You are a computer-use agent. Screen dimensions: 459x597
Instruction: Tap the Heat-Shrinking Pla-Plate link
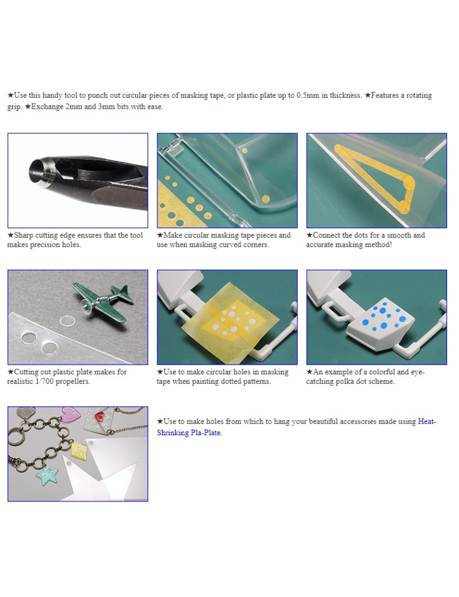click(x=296, y=427)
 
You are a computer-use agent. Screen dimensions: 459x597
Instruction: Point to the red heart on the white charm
click(x=101, y=416)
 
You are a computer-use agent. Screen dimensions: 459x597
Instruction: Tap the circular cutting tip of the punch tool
click(x=38, y=172)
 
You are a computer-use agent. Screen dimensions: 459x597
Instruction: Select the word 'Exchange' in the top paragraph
click(x=48, y=107)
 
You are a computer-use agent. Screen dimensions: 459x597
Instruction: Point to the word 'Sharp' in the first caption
click(x=24, y=235)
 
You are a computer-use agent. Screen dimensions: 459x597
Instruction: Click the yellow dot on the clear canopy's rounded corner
click(x=266, y=199)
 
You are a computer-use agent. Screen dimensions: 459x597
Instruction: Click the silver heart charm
click(x=26, y=411)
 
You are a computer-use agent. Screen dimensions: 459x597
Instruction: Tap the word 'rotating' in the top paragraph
click(x=419, y=95)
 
